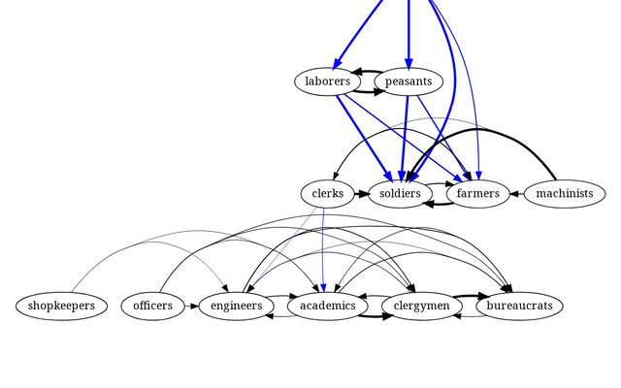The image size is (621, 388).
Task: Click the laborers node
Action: tap(327, 81)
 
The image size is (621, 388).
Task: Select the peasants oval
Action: tap(409, 81)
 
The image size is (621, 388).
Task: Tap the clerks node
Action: tap(328, 194)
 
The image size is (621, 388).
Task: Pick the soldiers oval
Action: tap(400, 194)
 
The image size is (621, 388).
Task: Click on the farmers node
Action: tap(477, 194)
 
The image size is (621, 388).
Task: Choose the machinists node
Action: tap(564, 194)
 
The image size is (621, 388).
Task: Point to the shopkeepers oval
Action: tap(61, 307)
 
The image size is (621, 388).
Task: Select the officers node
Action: tap(153, 307)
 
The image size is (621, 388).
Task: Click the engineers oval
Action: tap(236, 307)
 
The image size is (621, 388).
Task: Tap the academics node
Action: tap(327, 307)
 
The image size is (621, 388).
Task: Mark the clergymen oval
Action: tap(422, 307)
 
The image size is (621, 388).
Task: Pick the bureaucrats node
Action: tap(520, 307)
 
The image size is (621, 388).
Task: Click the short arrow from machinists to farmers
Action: tap(516, 194)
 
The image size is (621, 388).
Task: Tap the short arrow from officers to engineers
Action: tap(191, 307)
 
